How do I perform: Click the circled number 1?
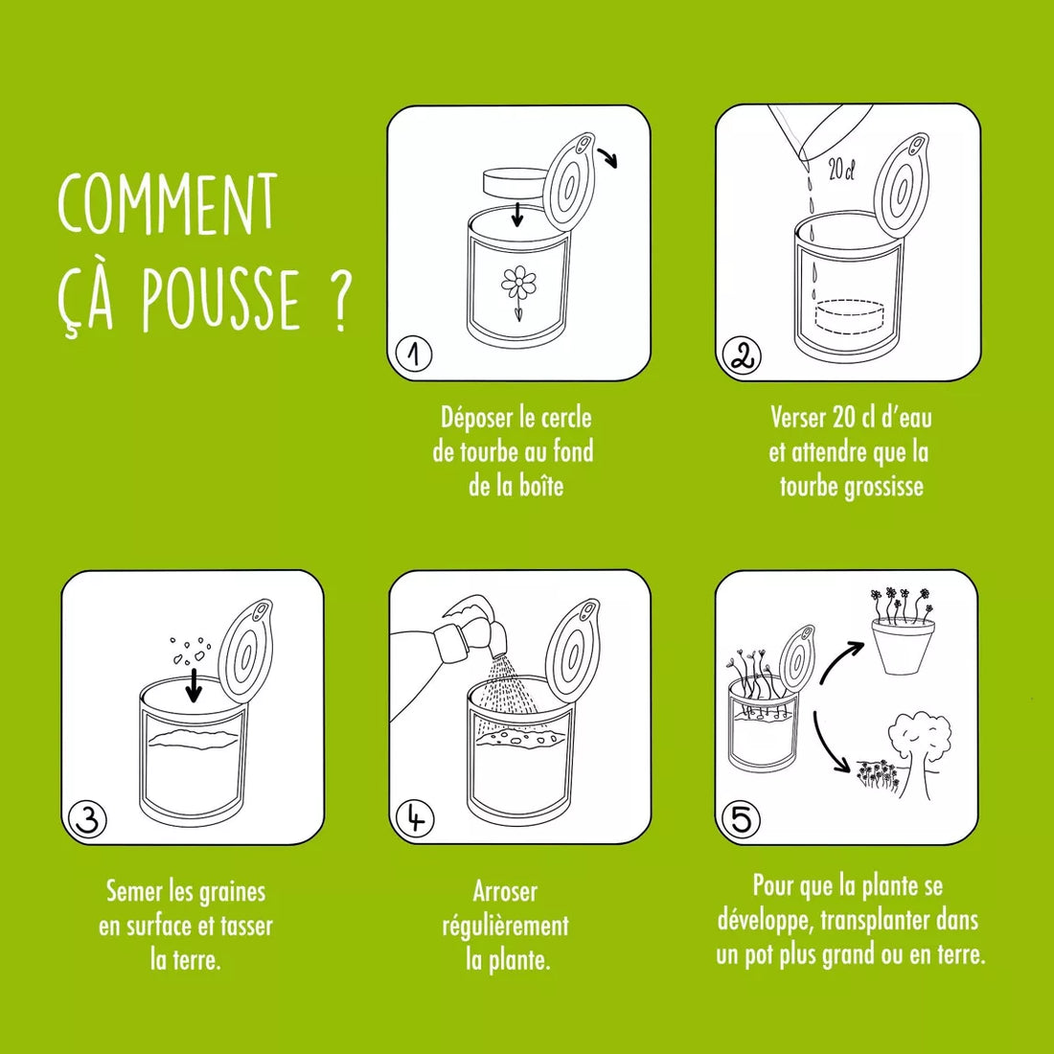point(414,355)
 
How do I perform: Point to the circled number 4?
point(414,819)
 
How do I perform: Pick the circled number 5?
point(741,820)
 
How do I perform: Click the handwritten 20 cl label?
point(840,172)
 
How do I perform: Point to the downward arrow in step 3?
point(195,684)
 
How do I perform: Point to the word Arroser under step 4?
point(505,891)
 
